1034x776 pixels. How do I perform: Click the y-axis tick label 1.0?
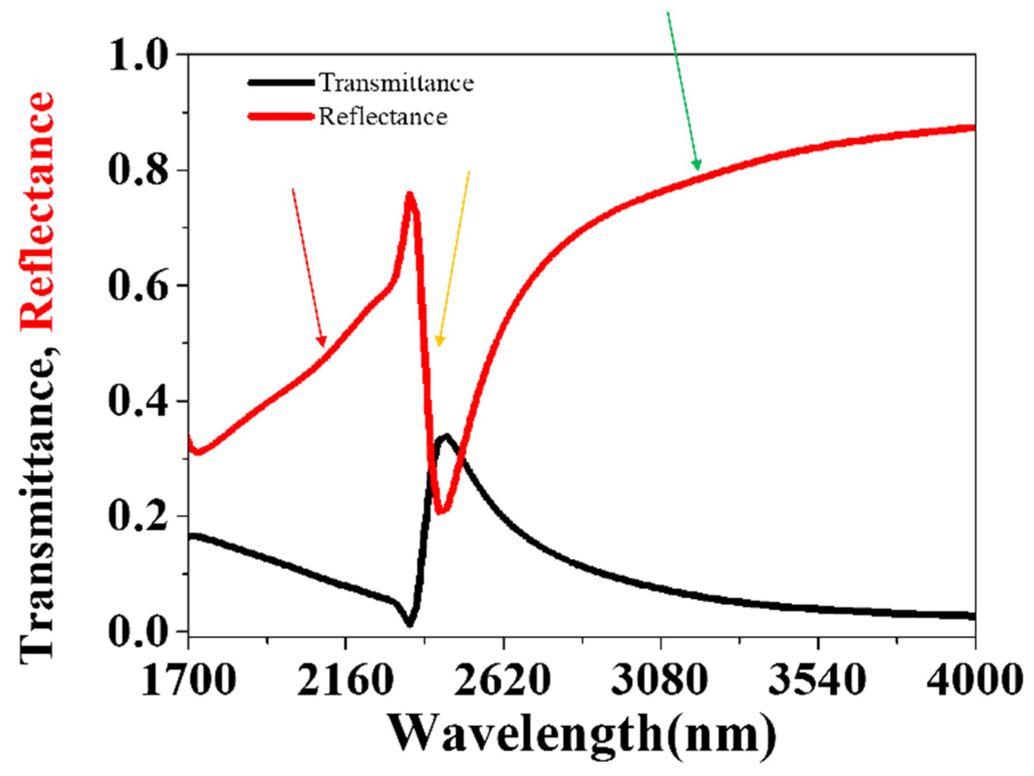pos(138,55)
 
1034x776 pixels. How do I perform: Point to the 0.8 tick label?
pos(138,170)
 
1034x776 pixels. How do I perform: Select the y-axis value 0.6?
pos(138,285)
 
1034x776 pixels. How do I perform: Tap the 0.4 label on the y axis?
pos(138,401)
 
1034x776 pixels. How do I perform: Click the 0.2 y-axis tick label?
pos(138,516)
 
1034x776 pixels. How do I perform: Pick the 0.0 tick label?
pos(138,631)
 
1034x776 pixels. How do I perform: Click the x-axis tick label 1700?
pos(188,679)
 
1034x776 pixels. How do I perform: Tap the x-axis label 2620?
pos(503,679)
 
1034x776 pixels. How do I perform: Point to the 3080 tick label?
pos(660,679)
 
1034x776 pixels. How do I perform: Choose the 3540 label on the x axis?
pos(818,679)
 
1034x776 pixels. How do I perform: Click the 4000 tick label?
pos(973,679)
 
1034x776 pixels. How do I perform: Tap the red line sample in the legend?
pos(281,116)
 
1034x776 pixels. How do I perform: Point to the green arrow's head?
pos(698,168)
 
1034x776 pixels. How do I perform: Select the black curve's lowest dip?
pos(410,624)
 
